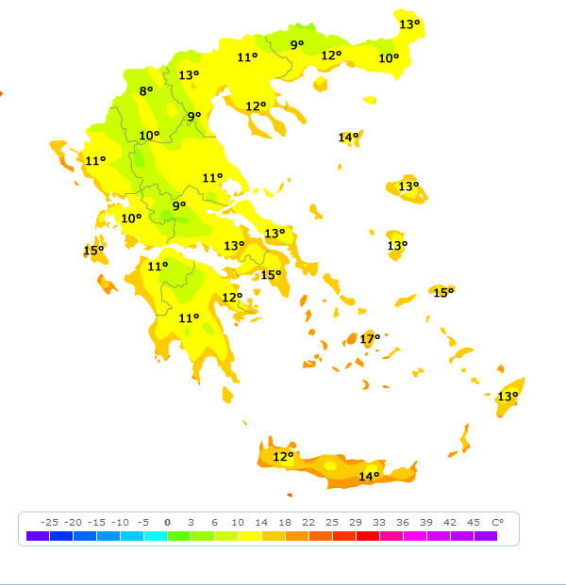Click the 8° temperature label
146,91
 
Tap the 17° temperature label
370,338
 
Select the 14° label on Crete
369,477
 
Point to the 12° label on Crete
283,457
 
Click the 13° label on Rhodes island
508,397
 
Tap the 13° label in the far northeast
408,24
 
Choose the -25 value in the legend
50,522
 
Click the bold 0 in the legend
167,522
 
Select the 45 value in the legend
473,522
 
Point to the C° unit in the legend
497,522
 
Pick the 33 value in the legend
378,522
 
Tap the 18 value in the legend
284,522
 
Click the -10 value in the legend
120,522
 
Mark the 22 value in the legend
308,522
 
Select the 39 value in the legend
425,522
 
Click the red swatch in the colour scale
367,536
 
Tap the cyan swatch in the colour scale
156,536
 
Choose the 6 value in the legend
214,522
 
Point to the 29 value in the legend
355,522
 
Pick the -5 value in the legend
143,522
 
